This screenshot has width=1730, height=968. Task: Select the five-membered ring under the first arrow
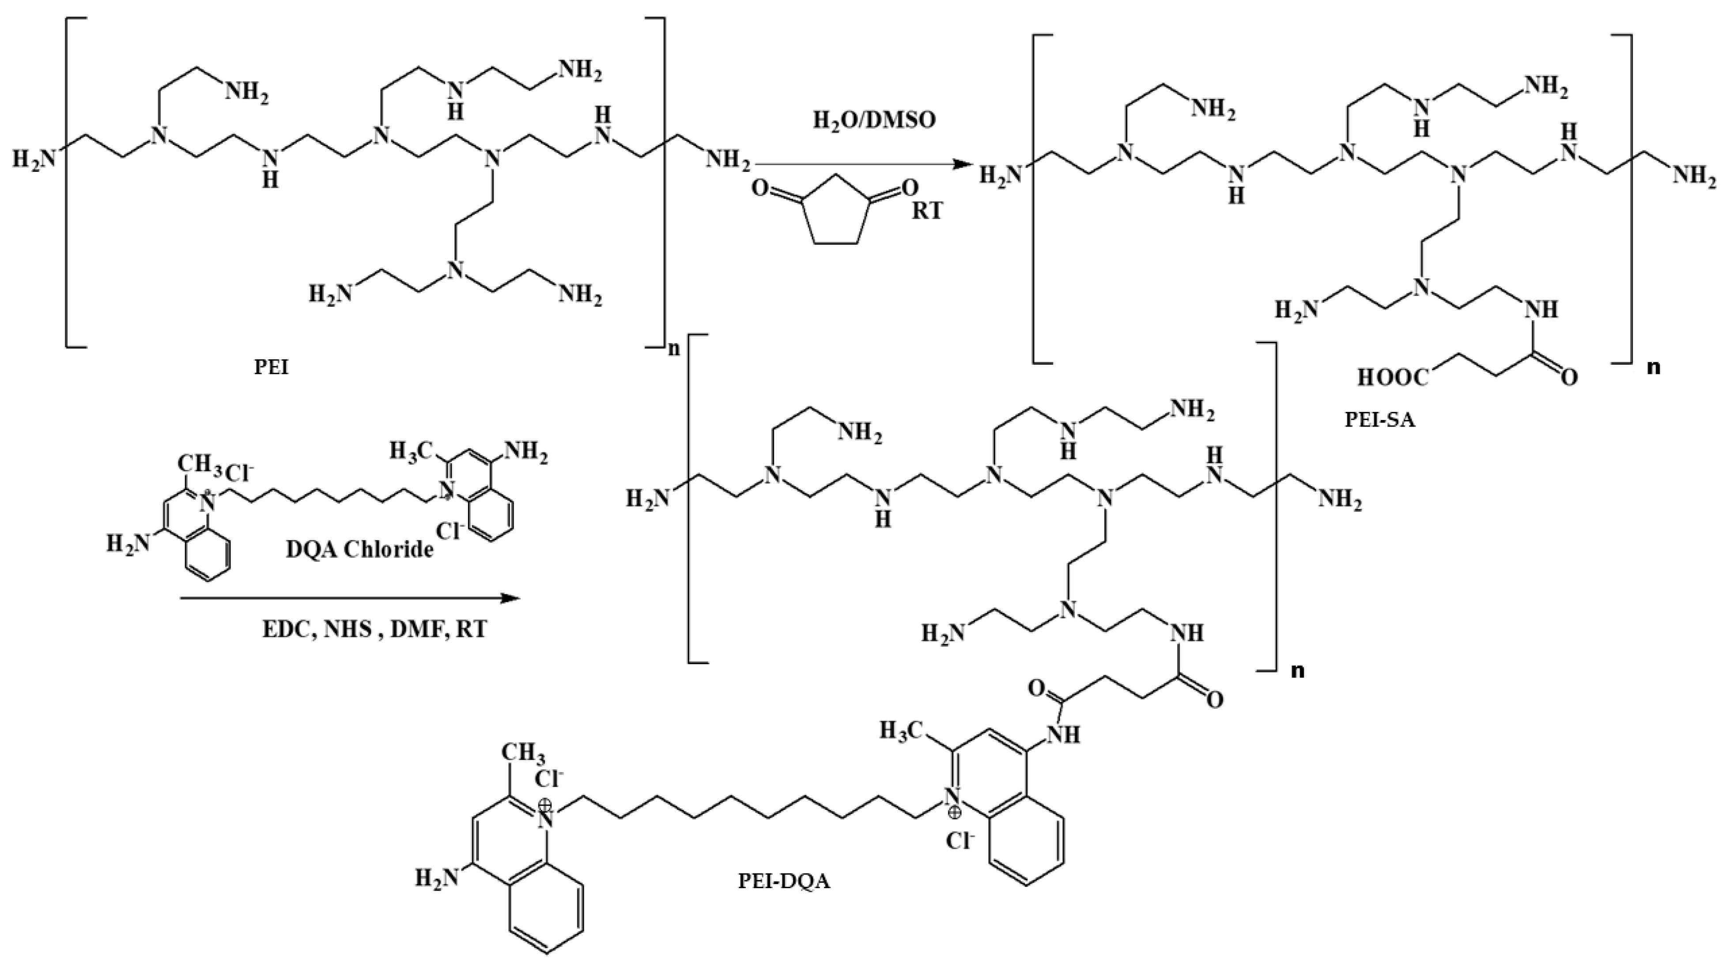(x=835, y=209)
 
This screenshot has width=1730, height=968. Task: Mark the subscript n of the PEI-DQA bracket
(x=1298, y=671)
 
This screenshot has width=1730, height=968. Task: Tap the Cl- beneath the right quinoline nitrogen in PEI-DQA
(x=960, y=842)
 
